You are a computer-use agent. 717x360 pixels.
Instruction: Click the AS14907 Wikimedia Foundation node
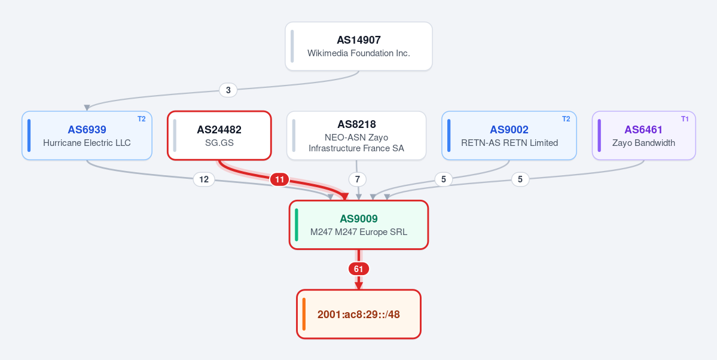[x=359, y=46]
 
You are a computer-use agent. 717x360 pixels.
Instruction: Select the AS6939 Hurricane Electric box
[x=87, y=135]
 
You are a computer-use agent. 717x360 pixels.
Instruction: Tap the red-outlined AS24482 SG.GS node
[x=219, y=135]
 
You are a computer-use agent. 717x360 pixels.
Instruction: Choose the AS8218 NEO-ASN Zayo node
[x=356, y=135]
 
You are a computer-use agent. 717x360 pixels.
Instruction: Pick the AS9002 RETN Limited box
[x=509, y=135]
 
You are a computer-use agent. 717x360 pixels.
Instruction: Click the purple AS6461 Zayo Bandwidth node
[x=644, y=135]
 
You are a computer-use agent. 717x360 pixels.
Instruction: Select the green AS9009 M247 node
[x=359, y=225]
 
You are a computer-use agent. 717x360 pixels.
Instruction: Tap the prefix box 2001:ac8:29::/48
[x=359, y=315]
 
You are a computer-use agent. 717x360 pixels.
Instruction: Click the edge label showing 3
[x=228, y=90]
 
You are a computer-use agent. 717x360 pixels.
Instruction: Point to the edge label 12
[x=204, y=179]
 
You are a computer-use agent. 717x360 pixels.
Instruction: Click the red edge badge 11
[x=279, y=179]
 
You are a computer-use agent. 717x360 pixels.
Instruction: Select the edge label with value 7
[x=358, y=179]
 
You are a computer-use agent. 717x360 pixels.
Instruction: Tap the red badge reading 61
[x=359, y=269]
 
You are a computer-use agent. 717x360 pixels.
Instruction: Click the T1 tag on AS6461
[x=685, y=119]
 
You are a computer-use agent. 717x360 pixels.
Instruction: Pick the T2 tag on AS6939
[x=141, y=119]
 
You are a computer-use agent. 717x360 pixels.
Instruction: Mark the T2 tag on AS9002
[x=566, y=119]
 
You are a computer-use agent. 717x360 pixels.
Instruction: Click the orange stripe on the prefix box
[x=304, y=315]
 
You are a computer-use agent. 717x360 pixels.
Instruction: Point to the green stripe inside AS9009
[x=297, y=225]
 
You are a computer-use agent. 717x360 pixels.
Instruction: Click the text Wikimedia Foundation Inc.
[x=359, y=53]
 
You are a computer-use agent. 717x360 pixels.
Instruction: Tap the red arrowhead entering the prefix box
[x=359, y=286]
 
